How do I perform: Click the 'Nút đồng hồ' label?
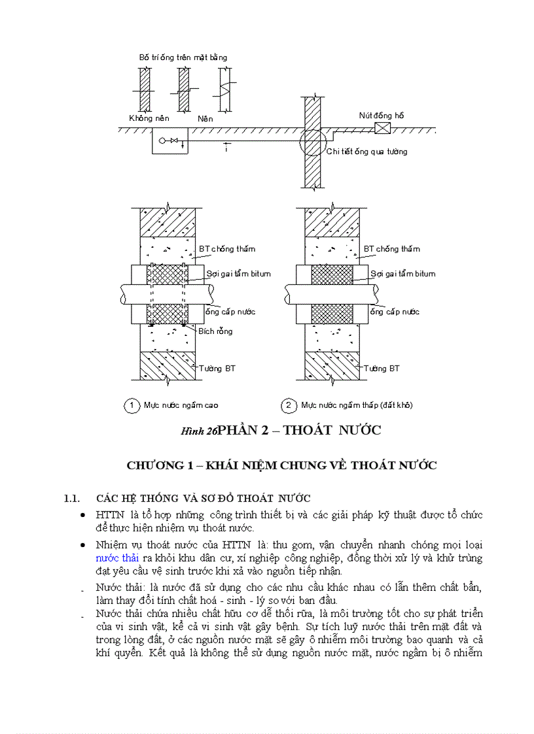coord(381,116)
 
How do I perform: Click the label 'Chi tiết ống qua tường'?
coord(366,152)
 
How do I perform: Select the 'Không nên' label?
coord(149,119)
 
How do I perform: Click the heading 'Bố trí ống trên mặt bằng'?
coord(183,58)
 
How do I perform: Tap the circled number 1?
coord(132,406)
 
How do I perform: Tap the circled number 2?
coord(289,406)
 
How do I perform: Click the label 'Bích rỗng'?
coord(215,331)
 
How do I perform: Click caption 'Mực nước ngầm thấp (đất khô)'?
coord(357,406)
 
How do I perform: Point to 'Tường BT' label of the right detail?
coord(382,369)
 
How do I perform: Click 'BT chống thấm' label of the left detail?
coord(226,249)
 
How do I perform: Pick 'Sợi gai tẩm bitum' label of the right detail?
coord(402,274)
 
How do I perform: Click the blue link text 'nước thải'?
coord(117,558)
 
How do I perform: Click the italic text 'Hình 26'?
coord(198,431)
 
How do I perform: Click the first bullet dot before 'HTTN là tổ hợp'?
coord(82,516)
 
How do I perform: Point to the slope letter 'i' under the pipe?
coord(227,150)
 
